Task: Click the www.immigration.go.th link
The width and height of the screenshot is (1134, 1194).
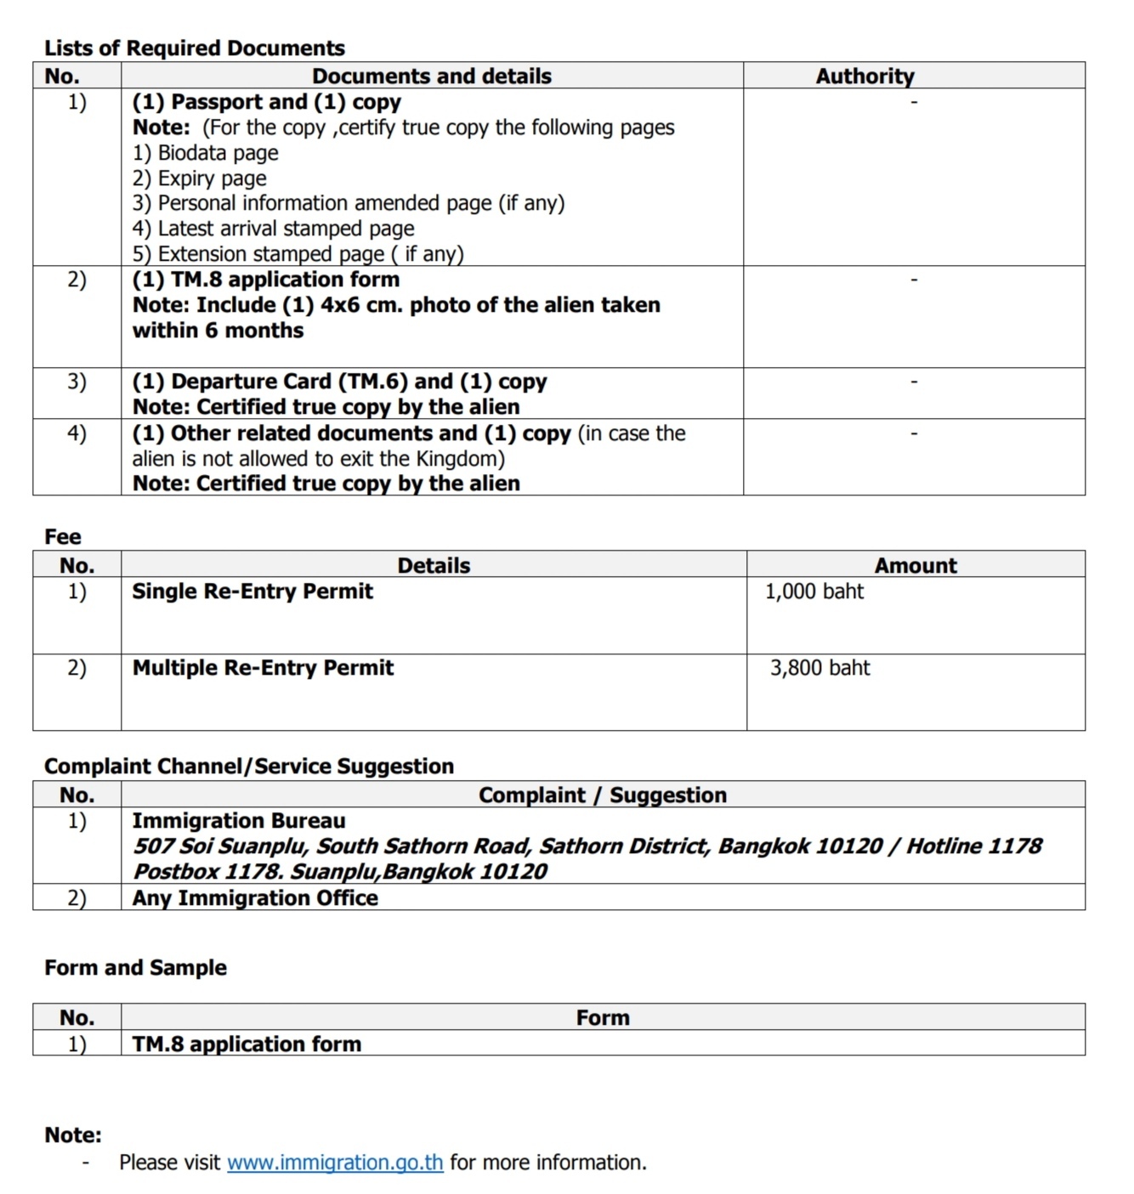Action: (335, 1163)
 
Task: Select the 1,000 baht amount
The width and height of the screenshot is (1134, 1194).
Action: (814, 591)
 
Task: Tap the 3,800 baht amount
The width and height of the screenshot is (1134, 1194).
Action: (819, 668)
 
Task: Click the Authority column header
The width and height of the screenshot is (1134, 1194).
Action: (865, 76)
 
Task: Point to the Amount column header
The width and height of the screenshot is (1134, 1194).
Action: (916, 566)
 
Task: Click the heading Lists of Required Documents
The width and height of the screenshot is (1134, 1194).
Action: (195, 48)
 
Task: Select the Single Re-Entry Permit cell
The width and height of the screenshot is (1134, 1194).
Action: (252, 591)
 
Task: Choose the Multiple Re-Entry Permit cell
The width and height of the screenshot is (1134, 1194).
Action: (263, 668)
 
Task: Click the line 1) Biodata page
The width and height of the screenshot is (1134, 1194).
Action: (205, 153)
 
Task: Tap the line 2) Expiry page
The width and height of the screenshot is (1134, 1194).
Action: (199, 178)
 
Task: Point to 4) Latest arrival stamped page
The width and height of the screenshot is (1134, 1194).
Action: (273, 229)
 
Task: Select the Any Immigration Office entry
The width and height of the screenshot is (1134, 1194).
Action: (255, 898)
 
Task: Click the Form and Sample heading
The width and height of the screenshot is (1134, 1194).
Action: (135, 968)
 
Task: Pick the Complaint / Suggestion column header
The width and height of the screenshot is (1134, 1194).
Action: (602, 795)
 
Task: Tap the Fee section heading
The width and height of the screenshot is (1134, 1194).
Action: (63, 537)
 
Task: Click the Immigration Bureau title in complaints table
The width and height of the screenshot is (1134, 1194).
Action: (239, 821)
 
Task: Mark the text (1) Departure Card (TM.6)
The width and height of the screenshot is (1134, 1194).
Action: (270, 382)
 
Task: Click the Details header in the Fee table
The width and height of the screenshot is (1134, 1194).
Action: (434, 566)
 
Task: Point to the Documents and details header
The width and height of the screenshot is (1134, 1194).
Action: (432, 76)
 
